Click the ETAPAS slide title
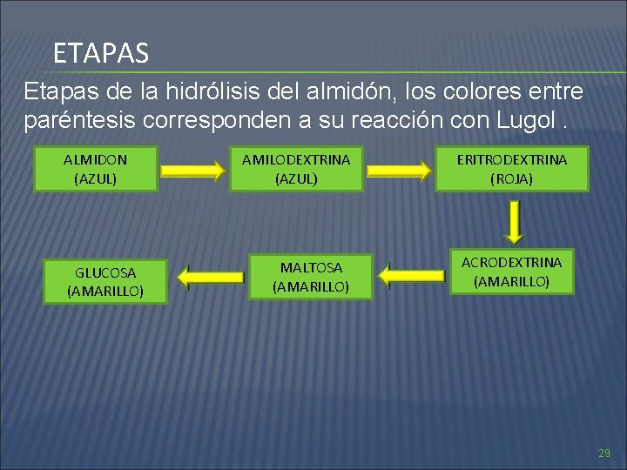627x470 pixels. pos(101,54)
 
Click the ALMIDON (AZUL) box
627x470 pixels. pos(96,169)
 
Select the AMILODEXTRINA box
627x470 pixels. pos(296,169)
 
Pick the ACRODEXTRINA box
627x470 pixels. pos(511,272)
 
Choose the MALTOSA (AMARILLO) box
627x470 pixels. pos(311,277)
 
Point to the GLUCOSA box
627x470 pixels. pos(105,282)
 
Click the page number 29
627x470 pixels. pos(604,453)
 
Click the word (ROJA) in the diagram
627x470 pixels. pos(512,178)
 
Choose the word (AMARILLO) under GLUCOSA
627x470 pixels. pos(105,292)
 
